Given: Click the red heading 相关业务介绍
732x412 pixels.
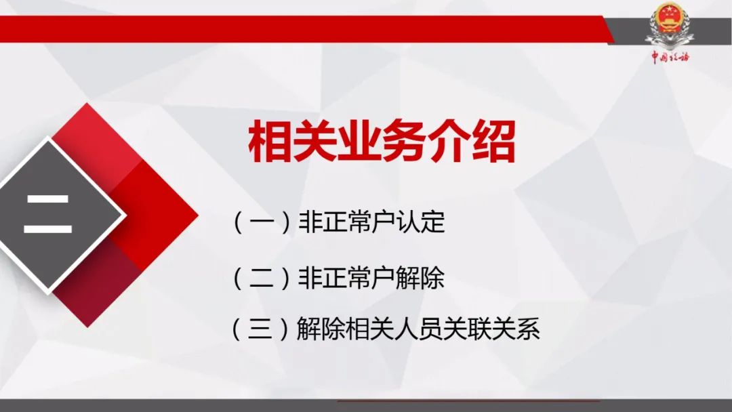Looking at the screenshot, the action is pyautogui.click(x=382, y=142).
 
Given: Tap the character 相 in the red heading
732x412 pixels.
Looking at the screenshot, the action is pyautogui.click(x=270, y=142).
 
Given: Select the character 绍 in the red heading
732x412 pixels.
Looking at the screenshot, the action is pyautogui.click(x=493, y=142).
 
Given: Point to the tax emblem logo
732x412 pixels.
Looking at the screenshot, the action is pyautogui.click(x=668, y=26).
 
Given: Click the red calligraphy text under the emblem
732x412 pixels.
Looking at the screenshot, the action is pyautogui.click(x=670, y=57).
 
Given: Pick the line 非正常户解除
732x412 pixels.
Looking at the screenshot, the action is pyautogui.click(x=371, y=277).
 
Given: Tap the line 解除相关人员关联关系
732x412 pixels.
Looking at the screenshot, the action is pyautogui.click(x=418, y=329).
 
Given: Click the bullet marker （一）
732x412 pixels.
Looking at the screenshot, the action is pyautogui.click(x=262, y=222).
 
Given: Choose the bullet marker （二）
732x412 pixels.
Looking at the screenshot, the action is pyautogui.click(x=262, y=278).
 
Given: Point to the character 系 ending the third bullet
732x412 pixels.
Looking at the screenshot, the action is pyautogui.click(x=528, y=329).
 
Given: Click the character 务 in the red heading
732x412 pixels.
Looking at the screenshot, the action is pyautogui.click(x=404, y=142).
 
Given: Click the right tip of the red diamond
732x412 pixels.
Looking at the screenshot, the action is pyautogui.click(x=198, y=215).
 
